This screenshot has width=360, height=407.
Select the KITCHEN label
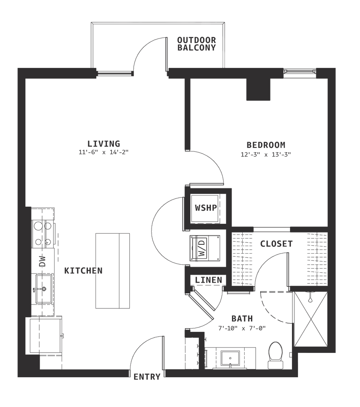pos(84,271)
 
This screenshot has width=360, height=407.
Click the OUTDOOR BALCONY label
pos(197,43)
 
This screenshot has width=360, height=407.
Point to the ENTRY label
pos(148,376)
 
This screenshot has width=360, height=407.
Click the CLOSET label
pos(276,244)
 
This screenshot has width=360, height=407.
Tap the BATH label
pos(243,318)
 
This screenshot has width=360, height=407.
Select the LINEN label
pos(208,280)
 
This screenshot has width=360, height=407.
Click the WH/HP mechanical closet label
pos(206,208)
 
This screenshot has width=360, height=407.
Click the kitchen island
pos(113,270)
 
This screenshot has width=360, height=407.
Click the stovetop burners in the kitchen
pos(43,234)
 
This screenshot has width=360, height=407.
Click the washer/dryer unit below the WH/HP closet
pos(205,248)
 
